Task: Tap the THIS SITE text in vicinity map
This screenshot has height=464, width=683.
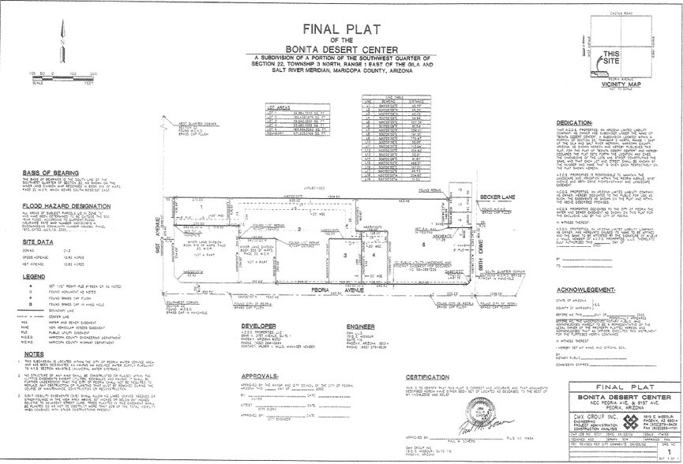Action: coord(612,58)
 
